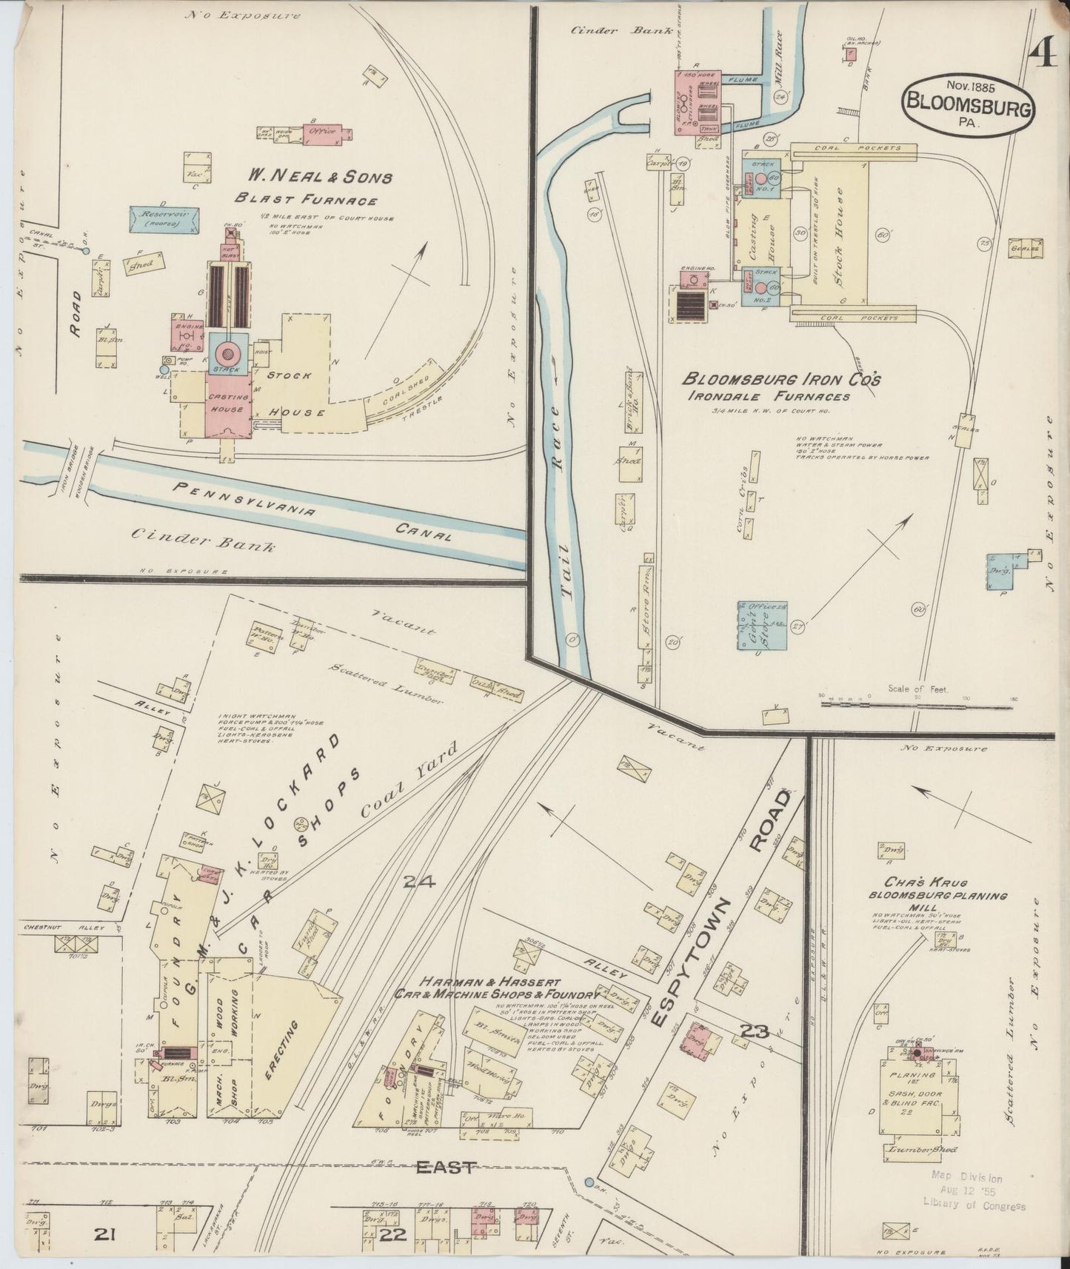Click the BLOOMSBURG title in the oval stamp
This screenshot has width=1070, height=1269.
[969, 108]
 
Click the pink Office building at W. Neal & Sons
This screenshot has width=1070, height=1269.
[324, 132]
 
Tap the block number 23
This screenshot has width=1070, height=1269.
[754, 1031]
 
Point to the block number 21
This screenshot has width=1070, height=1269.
[107, 1233]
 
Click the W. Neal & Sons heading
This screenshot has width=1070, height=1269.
[319, 178]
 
